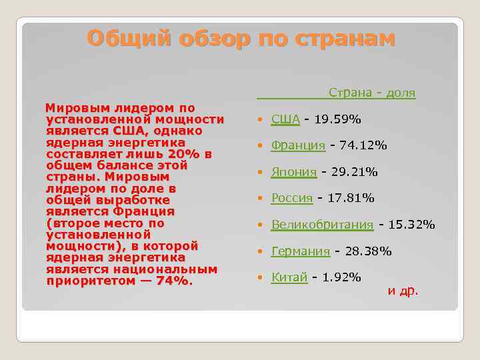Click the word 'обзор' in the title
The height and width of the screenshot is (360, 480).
click(216, 39)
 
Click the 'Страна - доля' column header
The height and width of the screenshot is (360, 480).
click(372, 93)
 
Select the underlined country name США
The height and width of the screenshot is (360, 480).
click(285, 119)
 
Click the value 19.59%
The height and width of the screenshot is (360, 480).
click(337, 119)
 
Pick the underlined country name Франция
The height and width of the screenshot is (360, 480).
click(298, 145)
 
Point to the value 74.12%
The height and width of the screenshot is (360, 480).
click(363, 145)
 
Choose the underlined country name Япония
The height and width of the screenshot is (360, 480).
click(294, 172)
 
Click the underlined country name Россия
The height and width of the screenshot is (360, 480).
click(292, 198)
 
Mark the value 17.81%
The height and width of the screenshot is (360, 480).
click(351, 198)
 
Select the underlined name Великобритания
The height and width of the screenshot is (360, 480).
click(322, 225)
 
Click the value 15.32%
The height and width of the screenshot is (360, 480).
click(411, 225)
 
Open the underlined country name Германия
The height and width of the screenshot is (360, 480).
click(301, 251)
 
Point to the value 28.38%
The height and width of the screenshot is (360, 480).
click(367, 251)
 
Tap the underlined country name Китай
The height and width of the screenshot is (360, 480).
click(289, 277)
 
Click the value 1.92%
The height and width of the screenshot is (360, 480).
click(341, 277)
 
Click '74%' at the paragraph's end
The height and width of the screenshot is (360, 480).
click(172, 281)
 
